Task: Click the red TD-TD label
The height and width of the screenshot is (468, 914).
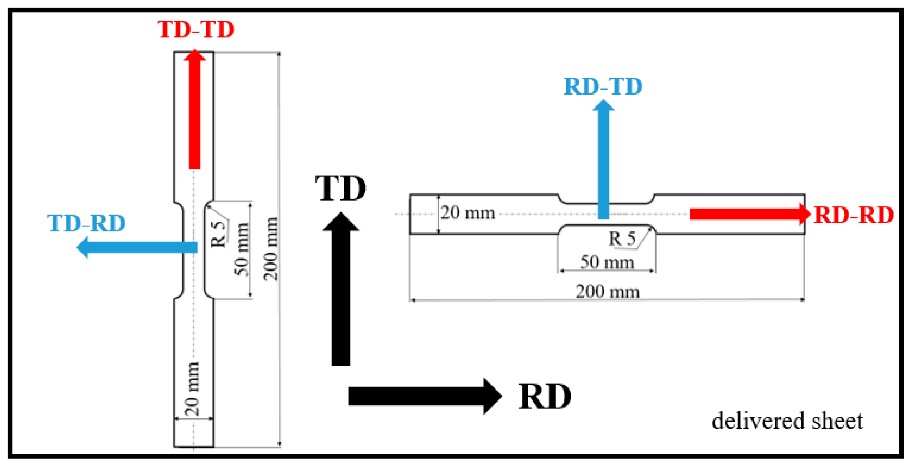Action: [x=196, y=29]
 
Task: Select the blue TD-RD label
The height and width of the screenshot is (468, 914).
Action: [x=86, y=223]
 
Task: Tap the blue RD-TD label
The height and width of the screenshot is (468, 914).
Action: [x=603, y=86]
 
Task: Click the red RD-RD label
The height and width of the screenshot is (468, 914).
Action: [x=854, y=215]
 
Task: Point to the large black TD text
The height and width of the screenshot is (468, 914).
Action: [x=340, y=188]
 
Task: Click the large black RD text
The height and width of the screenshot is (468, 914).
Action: [x=544, y=397]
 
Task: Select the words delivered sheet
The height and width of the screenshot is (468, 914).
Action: [x=787, y=421]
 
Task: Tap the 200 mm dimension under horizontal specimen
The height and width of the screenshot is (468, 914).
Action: [x=607, y=292]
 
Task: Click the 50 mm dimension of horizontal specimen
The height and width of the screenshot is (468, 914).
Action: [x=607, y=262]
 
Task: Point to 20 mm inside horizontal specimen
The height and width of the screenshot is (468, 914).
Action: [x=468, y=213]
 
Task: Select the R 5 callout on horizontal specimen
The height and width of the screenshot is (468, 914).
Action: [x=622, y=239]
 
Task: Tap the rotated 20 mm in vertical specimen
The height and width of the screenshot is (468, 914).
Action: [x=192, y=389]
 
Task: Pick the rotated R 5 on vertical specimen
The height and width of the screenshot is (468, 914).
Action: [x=218, y=234]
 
